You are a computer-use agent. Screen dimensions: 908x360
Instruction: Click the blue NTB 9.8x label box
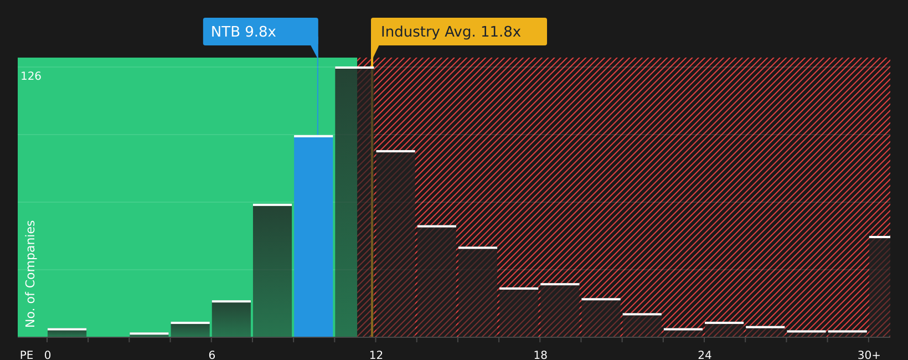tap(260, 32)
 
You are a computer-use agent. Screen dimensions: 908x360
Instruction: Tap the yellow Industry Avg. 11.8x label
tap(459, 32)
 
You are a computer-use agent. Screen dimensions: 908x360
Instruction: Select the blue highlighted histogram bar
tap(313, 236)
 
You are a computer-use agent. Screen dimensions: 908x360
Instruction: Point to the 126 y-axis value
tap(31, 76)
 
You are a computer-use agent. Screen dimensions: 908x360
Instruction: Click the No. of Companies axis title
tap(30, 274)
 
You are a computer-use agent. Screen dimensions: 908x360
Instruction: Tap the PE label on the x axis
tap(27, 355)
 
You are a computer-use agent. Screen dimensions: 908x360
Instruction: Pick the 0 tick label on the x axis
tap(48, 355)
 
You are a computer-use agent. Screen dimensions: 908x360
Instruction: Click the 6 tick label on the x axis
tap(211, 355)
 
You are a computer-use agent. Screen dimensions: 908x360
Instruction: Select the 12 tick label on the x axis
tap(376, 355)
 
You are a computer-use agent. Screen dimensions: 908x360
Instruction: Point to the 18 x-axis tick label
tap(540, 355)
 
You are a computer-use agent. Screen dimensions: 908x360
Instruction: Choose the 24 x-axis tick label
tap(704, 355)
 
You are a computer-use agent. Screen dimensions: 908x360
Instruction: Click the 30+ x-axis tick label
tap(869, 355)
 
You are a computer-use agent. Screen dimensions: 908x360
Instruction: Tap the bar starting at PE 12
tap(396, 244)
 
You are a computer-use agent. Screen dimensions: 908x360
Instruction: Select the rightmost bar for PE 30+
tap(880, 287)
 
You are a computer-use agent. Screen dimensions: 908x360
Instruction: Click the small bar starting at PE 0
tap(67, 333)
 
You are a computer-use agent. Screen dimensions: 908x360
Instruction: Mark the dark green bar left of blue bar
tap(272, 270)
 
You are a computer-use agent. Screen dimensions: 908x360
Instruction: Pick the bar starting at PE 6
tap(231, 318)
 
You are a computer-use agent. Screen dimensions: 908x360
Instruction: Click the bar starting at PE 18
tap(560, 310)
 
